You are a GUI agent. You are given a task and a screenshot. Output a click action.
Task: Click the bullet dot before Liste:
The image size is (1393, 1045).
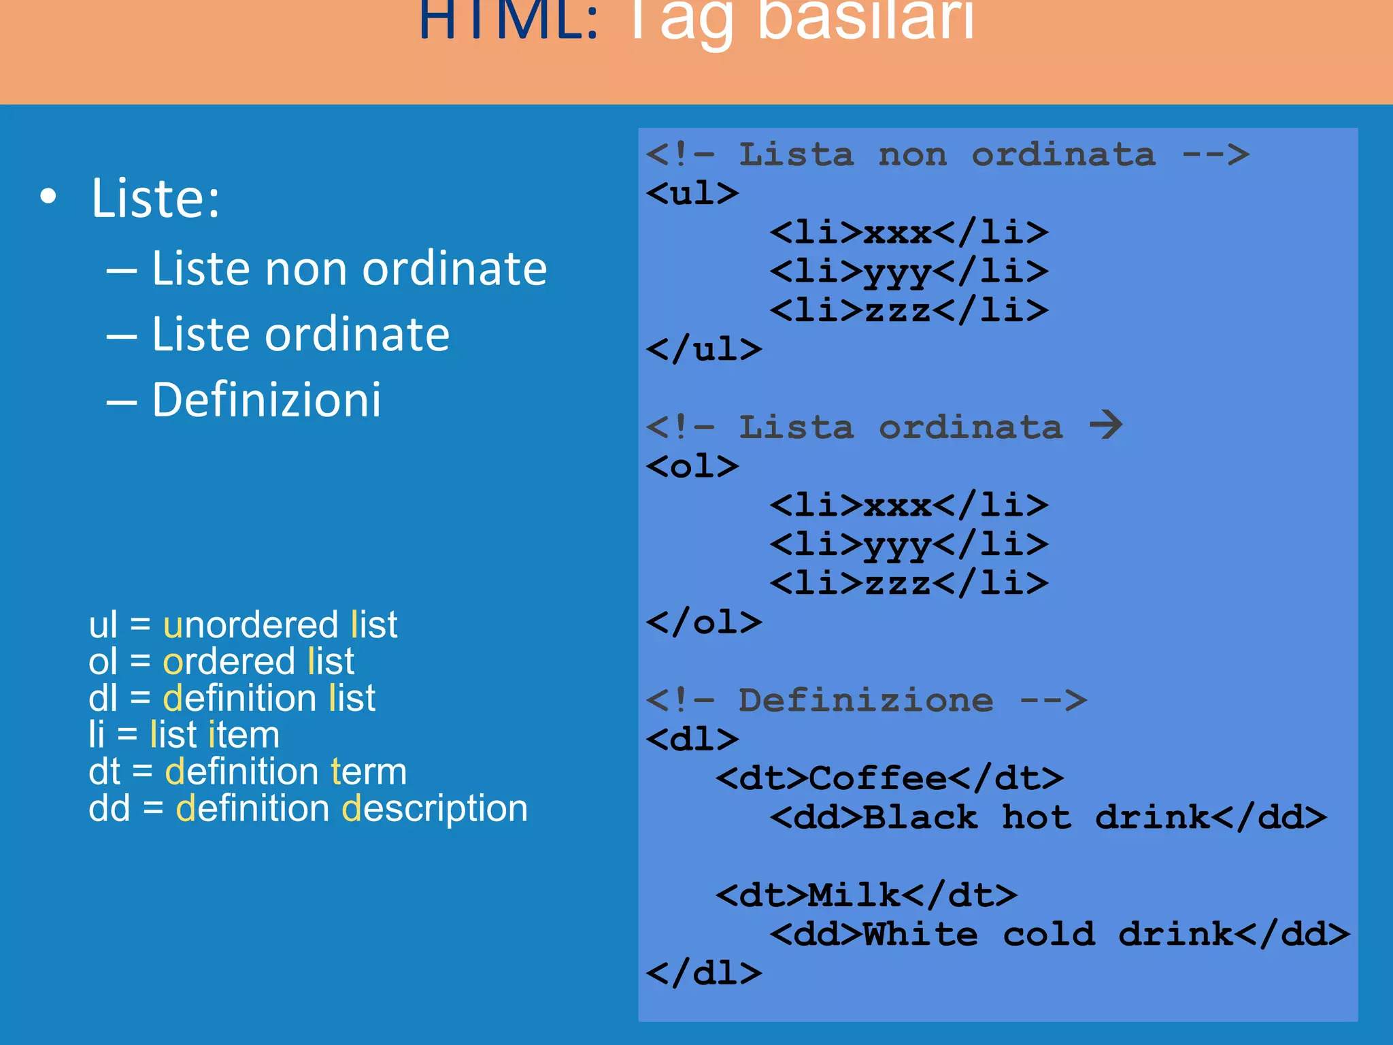click(x=48, y=197)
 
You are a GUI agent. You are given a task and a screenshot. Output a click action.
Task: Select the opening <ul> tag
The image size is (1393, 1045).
click(x=692, y=194)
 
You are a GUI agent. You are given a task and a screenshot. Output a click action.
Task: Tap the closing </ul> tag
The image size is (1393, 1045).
click(x=704, y=350)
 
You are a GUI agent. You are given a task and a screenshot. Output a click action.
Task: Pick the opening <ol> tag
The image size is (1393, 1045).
click(x=692, y=467)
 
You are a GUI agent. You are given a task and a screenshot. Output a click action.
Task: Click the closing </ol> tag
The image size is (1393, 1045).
click(x=704, y=623)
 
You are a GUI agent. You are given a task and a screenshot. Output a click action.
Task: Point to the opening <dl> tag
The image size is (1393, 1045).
click(x=692, y=740)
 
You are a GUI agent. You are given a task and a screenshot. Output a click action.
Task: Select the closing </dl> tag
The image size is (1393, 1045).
click(x=704, y=974)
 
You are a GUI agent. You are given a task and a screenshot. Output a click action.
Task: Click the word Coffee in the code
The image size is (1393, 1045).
click(x=878, y=778)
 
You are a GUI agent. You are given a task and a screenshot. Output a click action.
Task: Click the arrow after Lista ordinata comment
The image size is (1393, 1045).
click(x=1106, y=426)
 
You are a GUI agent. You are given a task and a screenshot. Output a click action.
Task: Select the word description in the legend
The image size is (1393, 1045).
click(x=435, y=808)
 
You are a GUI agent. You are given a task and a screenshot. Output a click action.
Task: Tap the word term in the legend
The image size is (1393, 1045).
click(x=369, y=772)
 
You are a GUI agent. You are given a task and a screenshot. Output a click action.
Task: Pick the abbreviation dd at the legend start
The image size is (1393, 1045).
click(x=109, y=808)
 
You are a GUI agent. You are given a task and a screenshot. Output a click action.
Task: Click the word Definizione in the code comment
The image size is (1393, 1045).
click(x=866, y=701)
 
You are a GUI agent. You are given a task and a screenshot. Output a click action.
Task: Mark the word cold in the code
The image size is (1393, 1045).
click(x=1048, y=934)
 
